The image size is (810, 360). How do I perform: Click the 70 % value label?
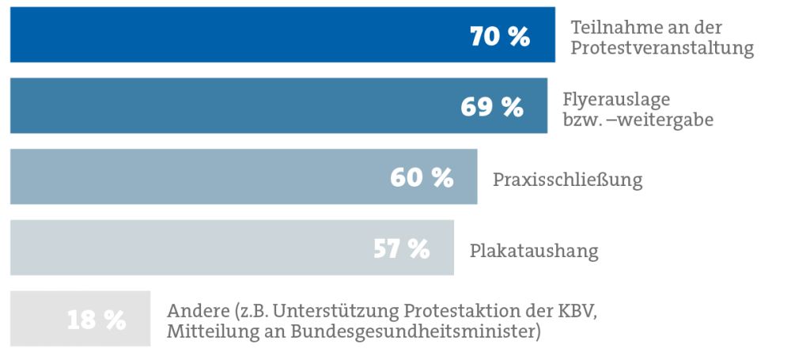point(499,36)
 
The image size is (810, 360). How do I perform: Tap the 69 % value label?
point(491,107)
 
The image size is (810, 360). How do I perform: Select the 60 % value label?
point(421,177)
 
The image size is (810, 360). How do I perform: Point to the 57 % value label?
point(401,248)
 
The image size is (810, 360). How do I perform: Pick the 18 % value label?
point(96,320)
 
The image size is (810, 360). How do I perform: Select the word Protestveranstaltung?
point(662,49)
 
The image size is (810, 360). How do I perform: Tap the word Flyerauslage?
point(617,100)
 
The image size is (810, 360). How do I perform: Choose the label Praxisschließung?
point(567,180)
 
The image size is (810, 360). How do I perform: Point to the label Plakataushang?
point(534,252)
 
